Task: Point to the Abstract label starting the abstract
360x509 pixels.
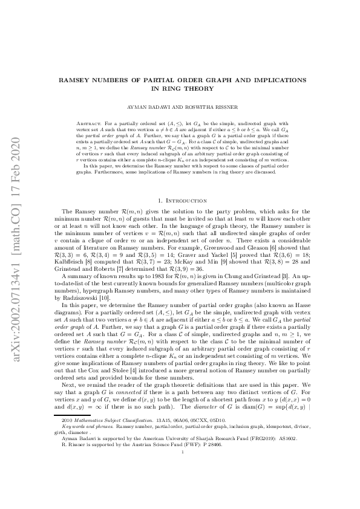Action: [x=91, y=122]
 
